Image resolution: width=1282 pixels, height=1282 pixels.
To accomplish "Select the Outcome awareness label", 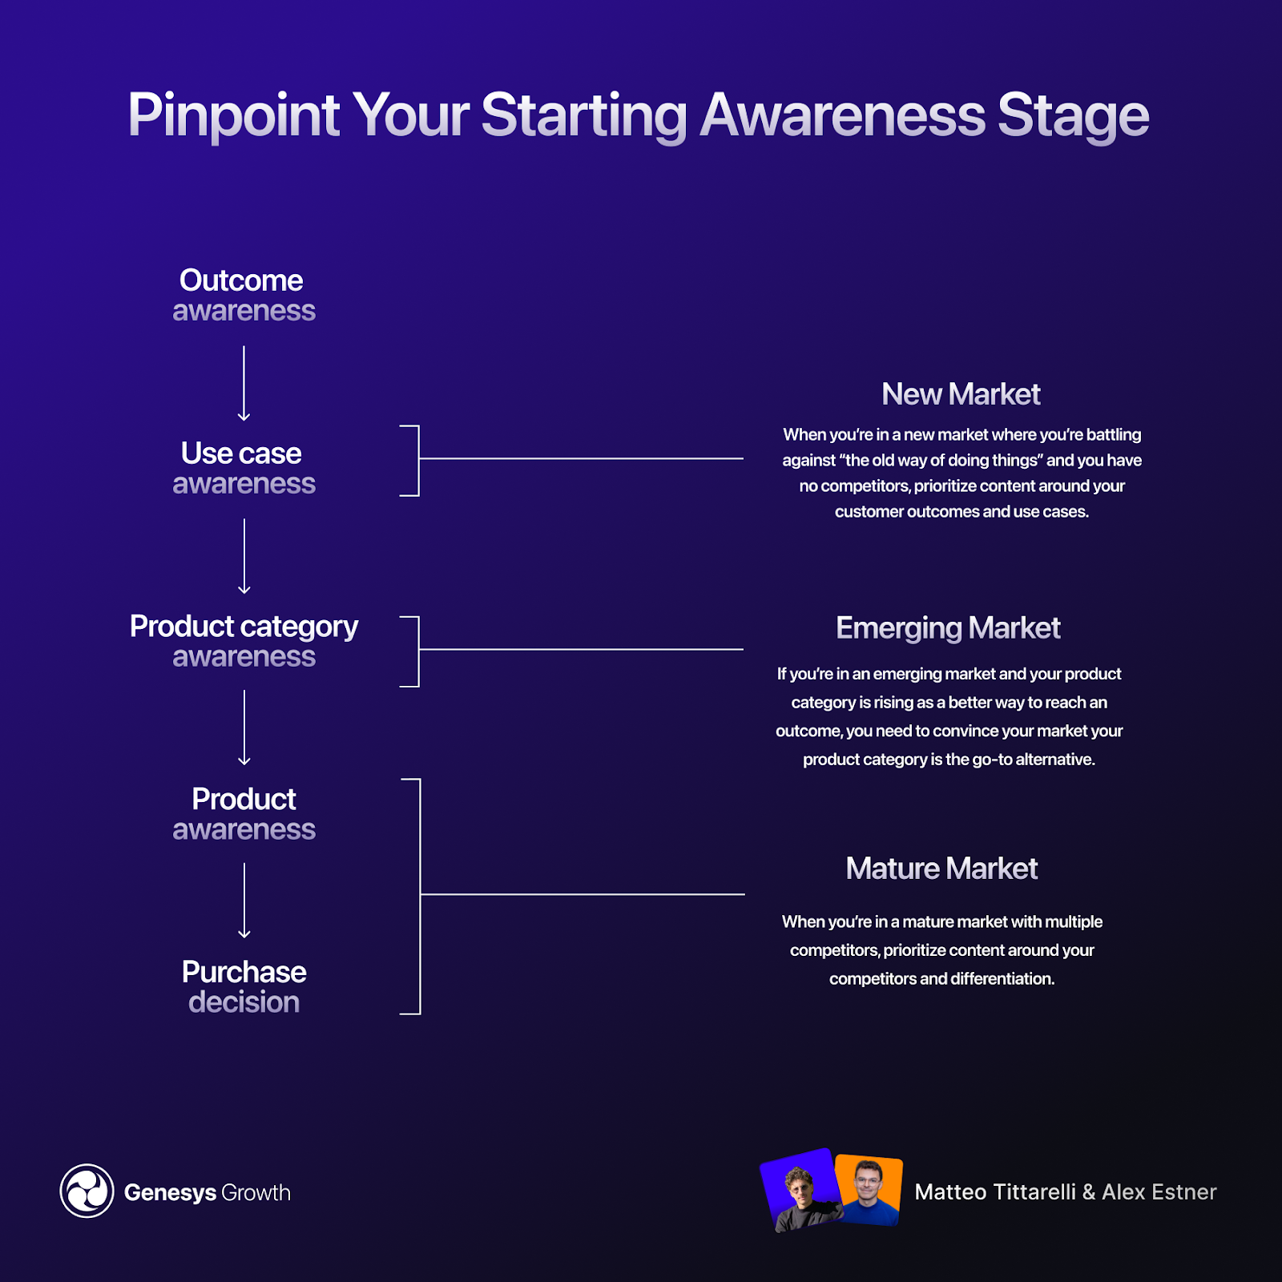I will [x=243, y=295].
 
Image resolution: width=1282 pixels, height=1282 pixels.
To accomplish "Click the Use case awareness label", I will [x=243, y=468].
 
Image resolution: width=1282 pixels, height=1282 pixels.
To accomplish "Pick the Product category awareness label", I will [x=244, y=641].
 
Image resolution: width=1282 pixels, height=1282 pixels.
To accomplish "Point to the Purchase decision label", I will [x=244, y=986].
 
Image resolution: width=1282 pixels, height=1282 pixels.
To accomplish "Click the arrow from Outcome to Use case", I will [x=244, y=383].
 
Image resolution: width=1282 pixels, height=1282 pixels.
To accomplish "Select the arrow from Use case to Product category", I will [x=244, y=556].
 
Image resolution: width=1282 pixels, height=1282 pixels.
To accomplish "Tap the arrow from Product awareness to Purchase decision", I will [x=244, y=901].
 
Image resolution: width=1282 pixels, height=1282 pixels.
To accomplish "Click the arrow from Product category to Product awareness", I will [x=244, y=728].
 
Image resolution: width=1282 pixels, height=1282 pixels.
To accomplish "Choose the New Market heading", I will [x=961, y=394].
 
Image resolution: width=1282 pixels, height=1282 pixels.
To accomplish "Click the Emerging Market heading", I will [x=948, y=628].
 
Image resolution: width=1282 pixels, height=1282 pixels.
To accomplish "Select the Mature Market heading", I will [x=941, y=869].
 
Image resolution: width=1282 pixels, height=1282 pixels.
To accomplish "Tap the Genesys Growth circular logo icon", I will [x=87, y=1191].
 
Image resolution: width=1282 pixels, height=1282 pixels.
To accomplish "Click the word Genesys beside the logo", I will [x=170, y=1192].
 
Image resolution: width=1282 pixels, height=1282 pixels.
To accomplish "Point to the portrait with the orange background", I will [x=869, y=1190].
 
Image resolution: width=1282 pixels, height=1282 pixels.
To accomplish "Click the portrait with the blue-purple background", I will [x=800, y=1190].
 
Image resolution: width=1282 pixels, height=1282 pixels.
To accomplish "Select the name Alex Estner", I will [x=1159, y=1192].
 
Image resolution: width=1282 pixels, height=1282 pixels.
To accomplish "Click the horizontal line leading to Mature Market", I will [x=582, y=894].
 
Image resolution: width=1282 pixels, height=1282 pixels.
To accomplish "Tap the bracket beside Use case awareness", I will [x=417, y=460].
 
